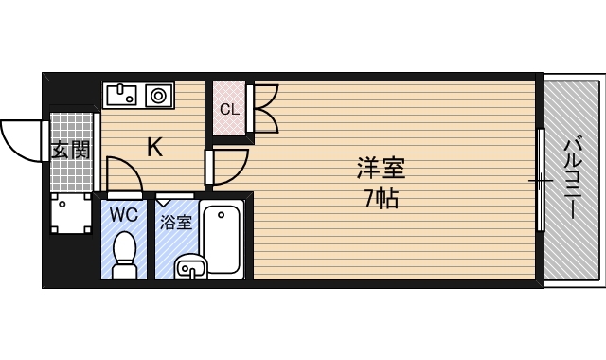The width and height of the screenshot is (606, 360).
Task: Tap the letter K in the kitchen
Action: pos(154,147)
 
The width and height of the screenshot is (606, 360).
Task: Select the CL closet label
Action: pos(228,108)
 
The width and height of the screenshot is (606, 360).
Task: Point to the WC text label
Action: pos(123,214)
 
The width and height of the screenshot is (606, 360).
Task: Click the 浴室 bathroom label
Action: pos(175,223)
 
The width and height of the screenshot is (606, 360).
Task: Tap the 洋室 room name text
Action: pos(381,171)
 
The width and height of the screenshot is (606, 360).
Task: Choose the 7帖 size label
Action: pos(381,198)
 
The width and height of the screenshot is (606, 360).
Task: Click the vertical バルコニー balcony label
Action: pos(572,180)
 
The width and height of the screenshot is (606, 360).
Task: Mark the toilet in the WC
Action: pos(124,254)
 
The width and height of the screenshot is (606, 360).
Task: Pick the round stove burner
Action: pos(157,94)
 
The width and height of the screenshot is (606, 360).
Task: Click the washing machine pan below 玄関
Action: pos(69,215)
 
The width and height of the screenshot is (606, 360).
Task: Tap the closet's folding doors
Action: pos(263,108)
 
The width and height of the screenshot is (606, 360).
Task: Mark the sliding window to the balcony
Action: pos(540,179)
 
